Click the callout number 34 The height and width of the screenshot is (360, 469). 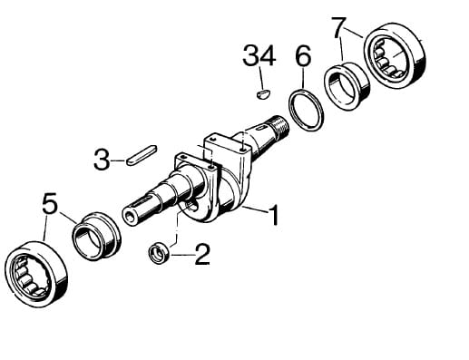(x=259, y=55)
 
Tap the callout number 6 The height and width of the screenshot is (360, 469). (x=303, y=55)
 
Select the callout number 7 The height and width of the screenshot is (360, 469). (x=338, y=28)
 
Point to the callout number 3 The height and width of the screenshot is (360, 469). (x=102, y=159)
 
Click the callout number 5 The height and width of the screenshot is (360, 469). (x=50, y=203)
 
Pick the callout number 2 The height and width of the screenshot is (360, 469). (x=202, y=255)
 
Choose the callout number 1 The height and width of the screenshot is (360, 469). (x=274, y=215)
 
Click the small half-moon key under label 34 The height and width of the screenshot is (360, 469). (x=263, y=94)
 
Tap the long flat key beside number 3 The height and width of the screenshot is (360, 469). (x=142, y=155)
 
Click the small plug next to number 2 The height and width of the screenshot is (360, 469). (x=159, y=252)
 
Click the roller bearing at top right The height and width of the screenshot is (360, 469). (x=395, y=55)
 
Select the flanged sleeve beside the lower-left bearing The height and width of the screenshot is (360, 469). (x=96, y=236)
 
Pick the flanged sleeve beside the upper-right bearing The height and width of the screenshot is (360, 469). (x=347, y=86)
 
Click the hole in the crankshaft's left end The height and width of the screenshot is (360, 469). (x=131, y=217)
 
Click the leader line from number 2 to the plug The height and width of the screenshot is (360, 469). (x=182, y=255)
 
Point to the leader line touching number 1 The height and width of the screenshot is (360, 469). (x=255, y=209)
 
